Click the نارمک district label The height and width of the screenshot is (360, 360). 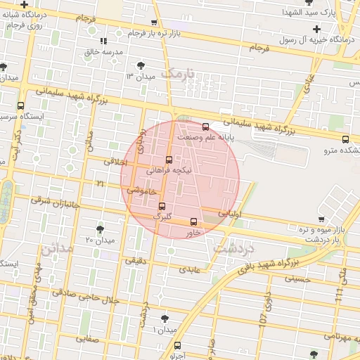[176, 72]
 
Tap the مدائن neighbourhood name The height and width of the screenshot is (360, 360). [56, 248]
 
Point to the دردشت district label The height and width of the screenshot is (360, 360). [235, 249]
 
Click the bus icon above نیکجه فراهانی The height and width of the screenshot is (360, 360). [168, 160]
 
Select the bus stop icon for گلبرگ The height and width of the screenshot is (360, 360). [162, 206]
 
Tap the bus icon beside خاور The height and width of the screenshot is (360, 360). [195, 221]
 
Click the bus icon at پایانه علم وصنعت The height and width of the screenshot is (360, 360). [205, 127]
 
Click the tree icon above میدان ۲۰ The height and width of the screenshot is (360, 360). [99, 229]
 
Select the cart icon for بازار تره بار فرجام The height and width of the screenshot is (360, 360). [134, 33]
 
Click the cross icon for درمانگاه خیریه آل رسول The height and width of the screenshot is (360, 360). [316, 29]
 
